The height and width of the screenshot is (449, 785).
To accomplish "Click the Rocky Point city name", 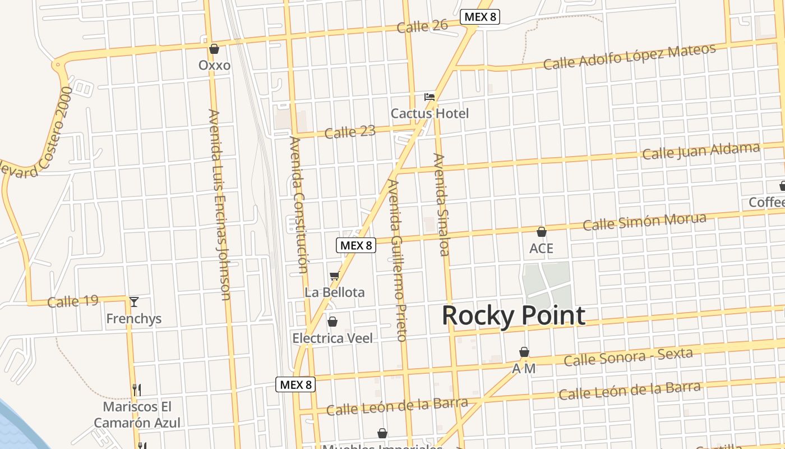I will (x=513, y=316).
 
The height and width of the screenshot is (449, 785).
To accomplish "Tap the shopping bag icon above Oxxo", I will (x=214, y=49).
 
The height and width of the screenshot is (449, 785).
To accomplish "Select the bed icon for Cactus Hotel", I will (x=430, y=97).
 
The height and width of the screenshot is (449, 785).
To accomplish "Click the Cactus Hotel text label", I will (x=430, y=113).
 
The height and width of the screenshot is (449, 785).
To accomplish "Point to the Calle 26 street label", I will (x=422, y=26).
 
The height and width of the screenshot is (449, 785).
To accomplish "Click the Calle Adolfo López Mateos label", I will (x=629, y=57).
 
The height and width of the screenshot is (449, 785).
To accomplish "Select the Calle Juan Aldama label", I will (x=701, y=151).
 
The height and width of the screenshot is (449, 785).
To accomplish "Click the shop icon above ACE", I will (x=542, y=232).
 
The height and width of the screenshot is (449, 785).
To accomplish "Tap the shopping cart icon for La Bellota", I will (x=335, y=276).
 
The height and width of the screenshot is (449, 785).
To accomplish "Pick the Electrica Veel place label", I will (x=333, y=338).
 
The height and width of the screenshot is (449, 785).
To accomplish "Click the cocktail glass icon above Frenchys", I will (x=134, y=302).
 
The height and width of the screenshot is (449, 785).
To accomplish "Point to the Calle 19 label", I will (x=73, y=301).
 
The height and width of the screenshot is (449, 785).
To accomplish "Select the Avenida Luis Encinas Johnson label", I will (x=219, y=205).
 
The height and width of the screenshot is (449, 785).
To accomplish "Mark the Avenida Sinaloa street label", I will (x=441, y=204).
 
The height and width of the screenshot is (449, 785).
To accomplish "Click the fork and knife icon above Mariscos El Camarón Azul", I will (x=136, y=390).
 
